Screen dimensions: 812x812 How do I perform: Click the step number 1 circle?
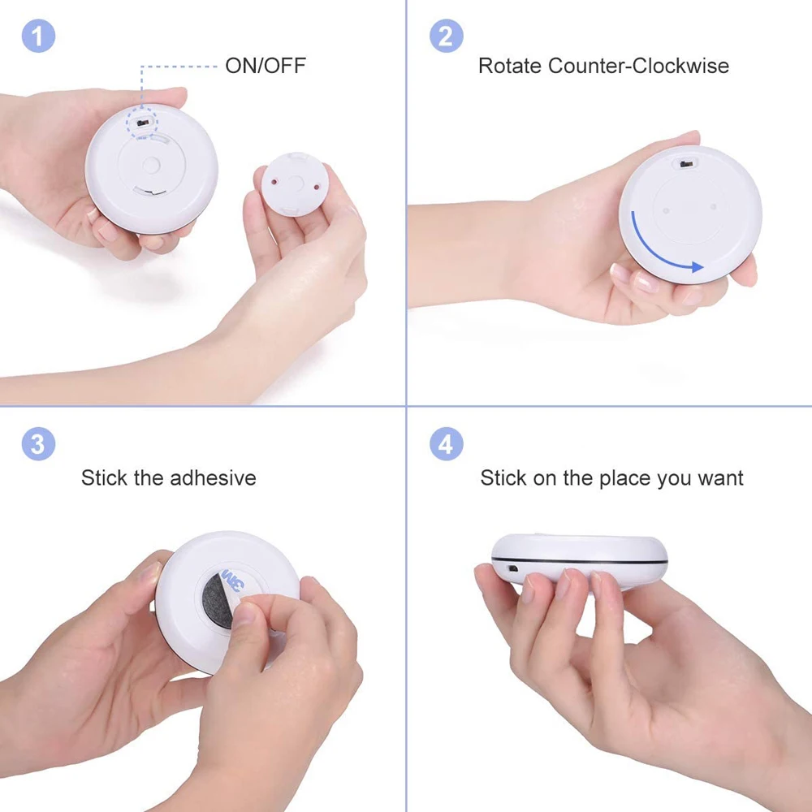point(38,37)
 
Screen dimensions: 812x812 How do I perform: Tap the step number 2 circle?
point(446,37)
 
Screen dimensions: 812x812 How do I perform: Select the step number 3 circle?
point(38,444)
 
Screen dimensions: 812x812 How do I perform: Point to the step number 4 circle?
point(446,444)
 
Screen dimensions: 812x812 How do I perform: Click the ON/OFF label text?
point(265,66)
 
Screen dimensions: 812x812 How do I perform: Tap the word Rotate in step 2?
point(510,66)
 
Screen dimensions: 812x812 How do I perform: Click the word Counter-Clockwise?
point(638,66)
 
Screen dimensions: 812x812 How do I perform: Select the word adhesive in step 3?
point(213,477)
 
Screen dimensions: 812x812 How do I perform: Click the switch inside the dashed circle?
point(144,123)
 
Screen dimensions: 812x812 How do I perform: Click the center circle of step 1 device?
point(150,165)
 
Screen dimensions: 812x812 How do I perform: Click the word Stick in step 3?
point(104,477)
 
